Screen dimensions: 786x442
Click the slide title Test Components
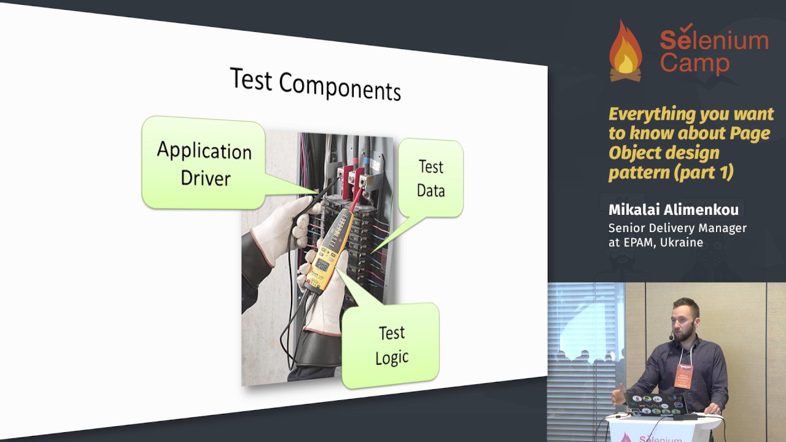[315, 84]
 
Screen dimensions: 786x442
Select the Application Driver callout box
[203, 163]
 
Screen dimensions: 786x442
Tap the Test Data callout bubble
[431, 178]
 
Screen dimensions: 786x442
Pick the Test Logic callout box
[391, 346]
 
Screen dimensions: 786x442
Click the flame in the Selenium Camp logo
[625, 50]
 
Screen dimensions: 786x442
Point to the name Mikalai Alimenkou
[674, 210]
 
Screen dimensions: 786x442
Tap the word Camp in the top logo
[695, 63]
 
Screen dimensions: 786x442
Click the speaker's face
[682, 324]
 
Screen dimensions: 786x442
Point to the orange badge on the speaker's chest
[683, 375]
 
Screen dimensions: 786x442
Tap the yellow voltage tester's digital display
[322, 266]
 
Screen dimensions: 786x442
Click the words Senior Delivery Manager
[677, 228]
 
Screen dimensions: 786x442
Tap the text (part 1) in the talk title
[706, 173]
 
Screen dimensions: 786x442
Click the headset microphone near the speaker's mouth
[671, 338]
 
